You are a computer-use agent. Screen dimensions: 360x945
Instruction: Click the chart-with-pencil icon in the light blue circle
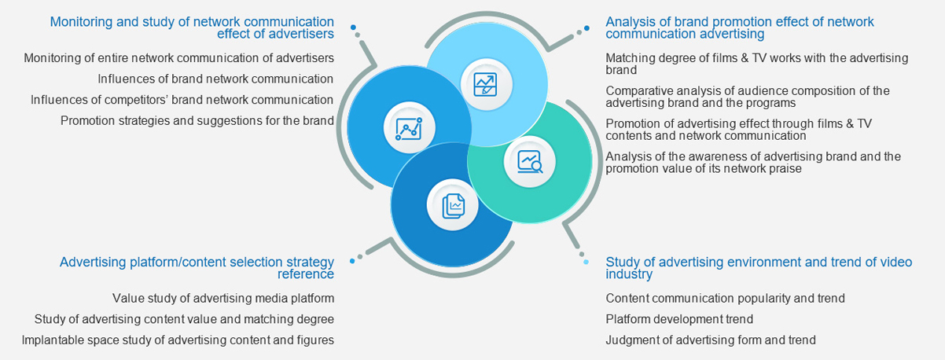click(485, 84)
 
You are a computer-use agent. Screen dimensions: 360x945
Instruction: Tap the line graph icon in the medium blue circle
click(409, 128)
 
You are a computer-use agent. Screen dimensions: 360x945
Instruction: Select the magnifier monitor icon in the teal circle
click(529, 161)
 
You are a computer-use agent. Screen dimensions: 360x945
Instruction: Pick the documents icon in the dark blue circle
click(453, 205)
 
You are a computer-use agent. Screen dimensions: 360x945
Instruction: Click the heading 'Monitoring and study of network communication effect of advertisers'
click(192, 28)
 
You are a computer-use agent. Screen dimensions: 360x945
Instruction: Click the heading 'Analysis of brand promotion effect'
click(739, 28)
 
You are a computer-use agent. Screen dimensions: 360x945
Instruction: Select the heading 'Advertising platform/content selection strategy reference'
click(197, 267)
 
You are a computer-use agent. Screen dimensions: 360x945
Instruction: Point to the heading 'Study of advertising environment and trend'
click(758, 267)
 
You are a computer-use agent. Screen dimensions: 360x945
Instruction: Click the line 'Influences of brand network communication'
click(215, 79)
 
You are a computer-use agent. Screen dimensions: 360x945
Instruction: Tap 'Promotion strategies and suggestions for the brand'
click(197, 121)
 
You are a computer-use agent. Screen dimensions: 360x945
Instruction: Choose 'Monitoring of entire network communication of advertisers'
click(178, 57)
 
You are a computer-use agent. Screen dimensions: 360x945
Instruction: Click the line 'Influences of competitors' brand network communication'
click(182, 100)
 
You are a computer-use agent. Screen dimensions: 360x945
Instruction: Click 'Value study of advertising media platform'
click(223, 299)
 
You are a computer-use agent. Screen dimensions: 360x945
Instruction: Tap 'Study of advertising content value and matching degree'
click(184, 319)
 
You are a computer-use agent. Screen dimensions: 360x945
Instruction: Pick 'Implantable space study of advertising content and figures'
click(178, 340)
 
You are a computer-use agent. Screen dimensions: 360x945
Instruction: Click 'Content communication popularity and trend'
click(725, 299)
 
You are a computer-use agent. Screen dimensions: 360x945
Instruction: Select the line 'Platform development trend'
click(679, 319)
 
